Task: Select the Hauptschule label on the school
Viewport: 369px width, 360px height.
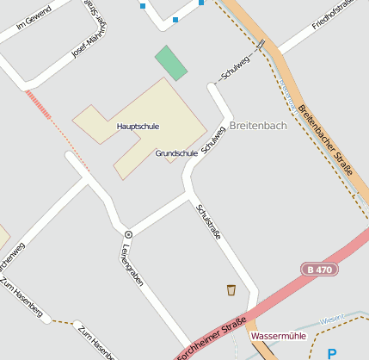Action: point(138,126)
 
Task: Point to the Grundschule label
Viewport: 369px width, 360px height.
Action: point(176,153)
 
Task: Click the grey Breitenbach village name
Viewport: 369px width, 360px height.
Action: point(258,126)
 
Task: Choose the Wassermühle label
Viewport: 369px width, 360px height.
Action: point(277,335)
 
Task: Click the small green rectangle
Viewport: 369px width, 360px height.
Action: point(170,63)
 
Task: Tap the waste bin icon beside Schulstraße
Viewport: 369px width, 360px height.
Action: point(231,289)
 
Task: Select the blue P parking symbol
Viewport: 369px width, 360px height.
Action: point(332,353)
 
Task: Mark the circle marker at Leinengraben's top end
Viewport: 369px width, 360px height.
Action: point(128,234)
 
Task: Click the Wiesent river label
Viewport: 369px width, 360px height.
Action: point(331,320)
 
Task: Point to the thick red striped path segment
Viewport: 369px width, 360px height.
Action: point(40,105)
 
